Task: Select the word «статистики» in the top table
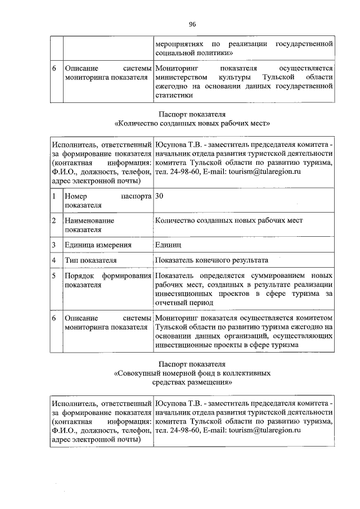click(173, 96)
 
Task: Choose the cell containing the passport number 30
click(160, 196)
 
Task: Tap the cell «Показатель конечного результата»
click(212, 260)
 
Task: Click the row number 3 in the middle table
click(53, 245)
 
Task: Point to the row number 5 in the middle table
click(53, 276)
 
